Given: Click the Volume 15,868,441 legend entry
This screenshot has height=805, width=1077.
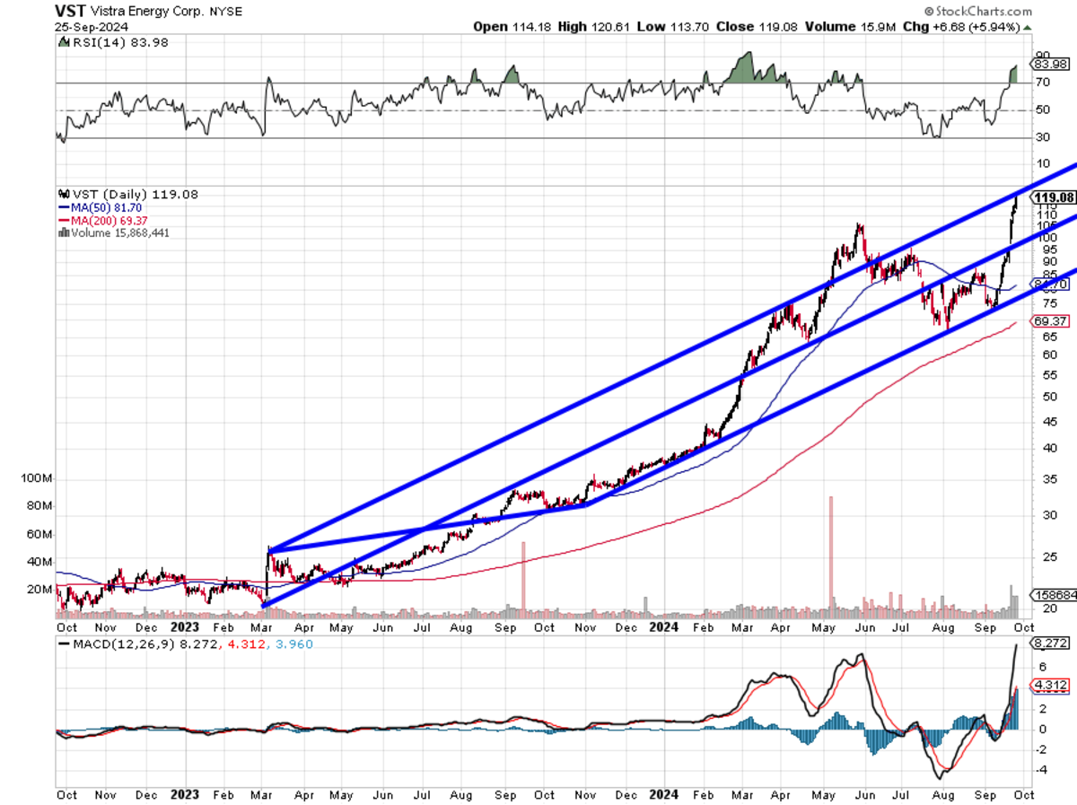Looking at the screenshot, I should pos(118,232).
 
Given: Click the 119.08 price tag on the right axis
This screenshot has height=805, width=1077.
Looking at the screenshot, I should pos(1054,197).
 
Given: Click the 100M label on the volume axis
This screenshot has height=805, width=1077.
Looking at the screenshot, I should pos(36,479).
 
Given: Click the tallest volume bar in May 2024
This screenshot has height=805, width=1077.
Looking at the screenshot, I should pos(831,556).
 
